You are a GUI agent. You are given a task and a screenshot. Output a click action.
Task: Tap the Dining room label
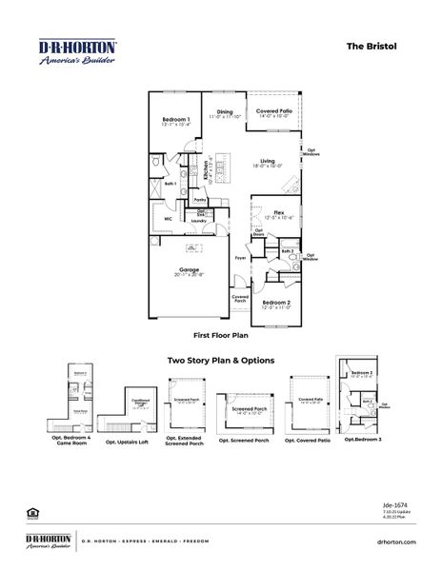225,112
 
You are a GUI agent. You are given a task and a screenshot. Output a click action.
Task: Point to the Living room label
267,161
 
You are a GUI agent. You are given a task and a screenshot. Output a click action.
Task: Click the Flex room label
279,211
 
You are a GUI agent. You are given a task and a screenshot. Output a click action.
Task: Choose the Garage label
189,269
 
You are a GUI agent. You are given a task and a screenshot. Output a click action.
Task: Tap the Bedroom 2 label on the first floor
276,302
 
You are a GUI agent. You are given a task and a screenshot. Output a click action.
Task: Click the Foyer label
241,257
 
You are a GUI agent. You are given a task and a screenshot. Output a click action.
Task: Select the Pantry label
200,200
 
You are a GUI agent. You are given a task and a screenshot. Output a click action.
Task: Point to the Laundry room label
198,221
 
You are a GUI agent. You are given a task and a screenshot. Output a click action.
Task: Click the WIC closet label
169,218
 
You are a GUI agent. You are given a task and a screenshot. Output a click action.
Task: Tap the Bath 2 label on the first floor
287,252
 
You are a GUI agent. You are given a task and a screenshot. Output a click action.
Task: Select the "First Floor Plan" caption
221,336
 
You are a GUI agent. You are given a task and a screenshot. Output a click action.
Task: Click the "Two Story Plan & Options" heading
221,361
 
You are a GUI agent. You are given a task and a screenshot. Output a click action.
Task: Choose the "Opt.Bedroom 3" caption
363,439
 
